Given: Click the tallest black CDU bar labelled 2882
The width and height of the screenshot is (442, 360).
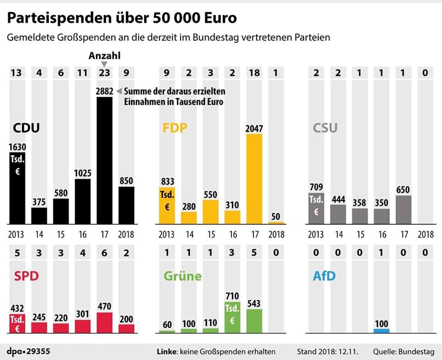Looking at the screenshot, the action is (104, 161).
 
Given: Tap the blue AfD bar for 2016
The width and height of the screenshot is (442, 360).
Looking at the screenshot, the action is (381, 331).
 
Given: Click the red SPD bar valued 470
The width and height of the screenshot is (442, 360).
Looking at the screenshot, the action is (104, 323).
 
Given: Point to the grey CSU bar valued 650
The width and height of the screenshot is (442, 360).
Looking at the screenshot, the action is (403, 210).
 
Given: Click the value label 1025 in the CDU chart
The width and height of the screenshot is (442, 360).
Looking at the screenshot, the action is (82, 174).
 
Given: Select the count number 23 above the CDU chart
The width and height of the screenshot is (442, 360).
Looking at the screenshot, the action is (104, 72).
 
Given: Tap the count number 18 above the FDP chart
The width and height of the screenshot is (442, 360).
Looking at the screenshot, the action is (254, 72).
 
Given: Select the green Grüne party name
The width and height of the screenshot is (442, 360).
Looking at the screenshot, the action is (182, 276).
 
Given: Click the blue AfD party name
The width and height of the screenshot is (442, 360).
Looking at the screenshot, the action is (324, 276).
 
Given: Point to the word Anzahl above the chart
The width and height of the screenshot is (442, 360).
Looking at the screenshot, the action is (104, 56).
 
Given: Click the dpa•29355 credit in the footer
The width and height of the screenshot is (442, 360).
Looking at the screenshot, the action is (29, 352).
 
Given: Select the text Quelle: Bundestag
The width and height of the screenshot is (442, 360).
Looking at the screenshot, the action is (403, 352).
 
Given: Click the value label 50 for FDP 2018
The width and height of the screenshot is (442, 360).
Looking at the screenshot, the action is (276, 217).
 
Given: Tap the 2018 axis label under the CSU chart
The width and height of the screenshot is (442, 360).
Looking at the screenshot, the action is (425, 234).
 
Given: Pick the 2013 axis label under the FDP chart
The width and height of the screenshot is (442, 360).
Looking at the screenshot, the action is (167, 234).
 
